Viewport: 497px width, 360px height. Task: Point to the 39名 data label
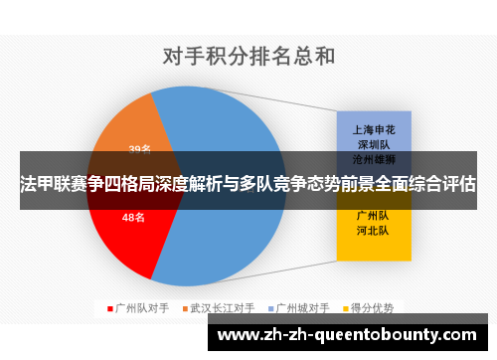(x=139, y=150)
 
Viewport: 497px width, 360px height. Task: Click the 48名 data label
(x=133, y=217)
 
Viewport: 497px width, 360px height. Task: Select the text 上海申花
(x=373, y=129)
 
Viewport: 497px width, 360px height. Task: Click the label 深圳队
(x=373, y=144)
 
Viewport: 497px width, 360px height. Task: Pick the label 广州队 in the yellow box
(x=373, y=215)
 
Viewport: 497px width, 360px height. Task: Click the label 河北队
(x=373, y=230)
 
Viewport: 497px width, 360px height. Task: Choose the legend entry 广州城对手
(x=302, y=306)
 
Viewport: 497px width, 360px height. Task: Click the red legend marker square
(x=109, y=306)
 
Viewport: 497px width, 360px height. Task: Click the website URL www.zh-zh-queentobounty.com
(x=351, y=335)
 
